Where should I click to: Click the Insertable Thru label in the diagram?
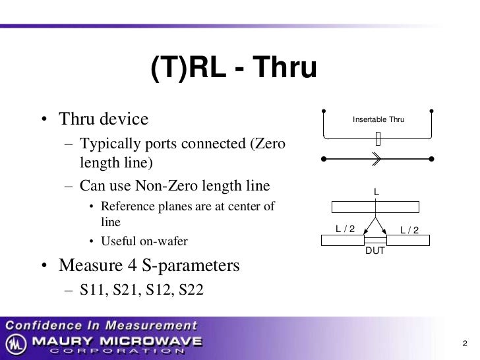[378, 119]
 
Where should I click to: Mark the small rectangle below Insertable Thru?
[378, 138]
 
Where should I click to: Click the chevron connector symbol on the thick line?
[376, 158]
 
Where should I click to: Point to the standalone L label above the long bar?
[376, 192]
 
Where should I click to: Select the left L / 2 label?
[345, 229]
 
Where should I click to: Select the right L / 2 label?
[409, 229]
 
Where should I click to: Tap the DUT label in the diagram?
[375, 251]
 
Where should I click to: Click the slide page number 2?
[464, 344]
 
